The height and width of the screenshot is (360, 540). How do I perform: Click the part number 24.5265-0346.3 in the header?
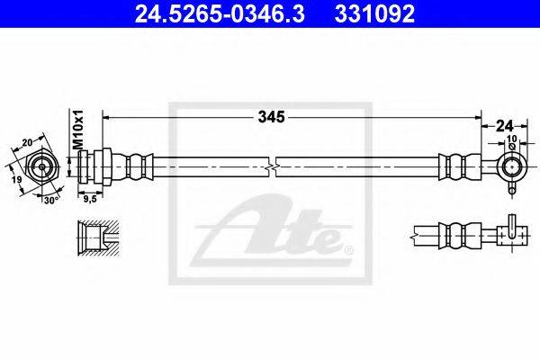[220, 13]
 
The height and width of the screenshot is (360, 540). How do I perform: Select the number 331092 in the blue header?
[374, 13]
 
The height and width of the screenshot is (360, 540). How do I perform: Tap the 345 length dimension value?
[272, 117]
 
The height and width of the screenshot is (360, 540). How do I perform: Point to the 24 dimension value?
[504, 126]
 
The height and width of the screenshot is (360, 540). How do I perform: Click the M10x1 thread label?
[78, 130]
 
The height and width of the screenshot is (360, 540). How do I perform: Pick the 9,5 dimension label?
[90, 199]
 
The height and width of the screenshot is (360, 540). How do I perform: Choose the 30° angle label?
[51, 200]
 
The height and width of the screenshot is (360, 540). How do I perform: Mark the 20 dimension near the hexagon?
[28, 142]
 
